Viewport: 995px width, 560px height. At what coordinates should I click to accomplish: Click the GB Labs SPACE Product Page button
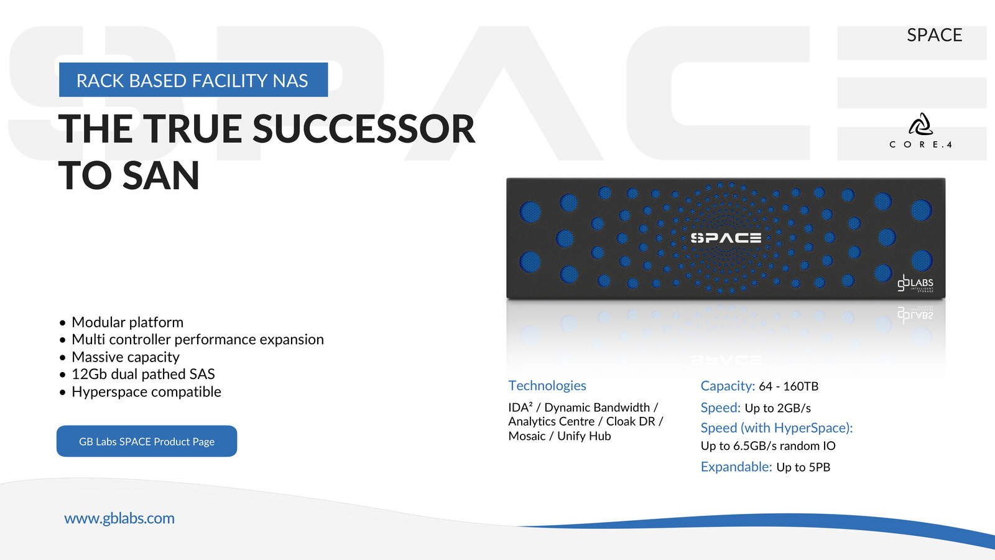(147, 441)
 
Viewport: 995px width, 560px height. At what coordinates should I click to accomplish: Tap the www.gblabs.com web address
(119, 518)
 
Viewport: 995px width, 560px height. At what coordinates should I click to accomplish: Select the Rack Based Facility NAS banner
(193, 80)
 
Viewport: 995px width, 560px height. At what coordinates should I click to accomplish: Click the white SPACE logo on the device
(726, 238)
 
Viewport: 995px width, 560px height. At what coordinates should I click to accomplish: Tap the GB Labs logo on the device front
(915, 283)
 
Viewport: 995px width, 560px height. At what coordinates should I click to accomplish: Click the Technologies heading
(547, 385)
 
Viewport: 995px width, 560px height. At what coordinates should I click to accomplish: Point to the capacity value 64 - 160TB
(789, 386)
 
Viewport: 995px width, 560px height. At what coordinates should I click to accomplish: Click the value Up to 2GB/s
(778, 408)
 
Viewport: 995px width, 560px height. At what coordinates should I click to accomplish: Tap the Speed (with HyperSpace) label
(777, 427)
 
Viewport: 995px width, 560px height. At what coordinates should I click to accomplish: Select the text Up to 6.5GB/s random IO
(768, 446)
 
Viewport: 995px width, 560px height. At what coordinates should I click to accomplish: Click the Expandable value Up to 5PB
(803, 467)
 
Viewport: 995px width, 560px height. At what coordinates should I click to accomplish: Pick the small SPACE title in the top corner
(935, 35)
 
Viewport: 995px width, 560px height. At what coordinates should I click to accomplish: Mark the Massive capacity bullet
(126, 357)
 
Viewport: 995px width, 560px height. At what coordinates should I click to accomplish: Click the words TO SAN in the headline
(129, 176)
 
